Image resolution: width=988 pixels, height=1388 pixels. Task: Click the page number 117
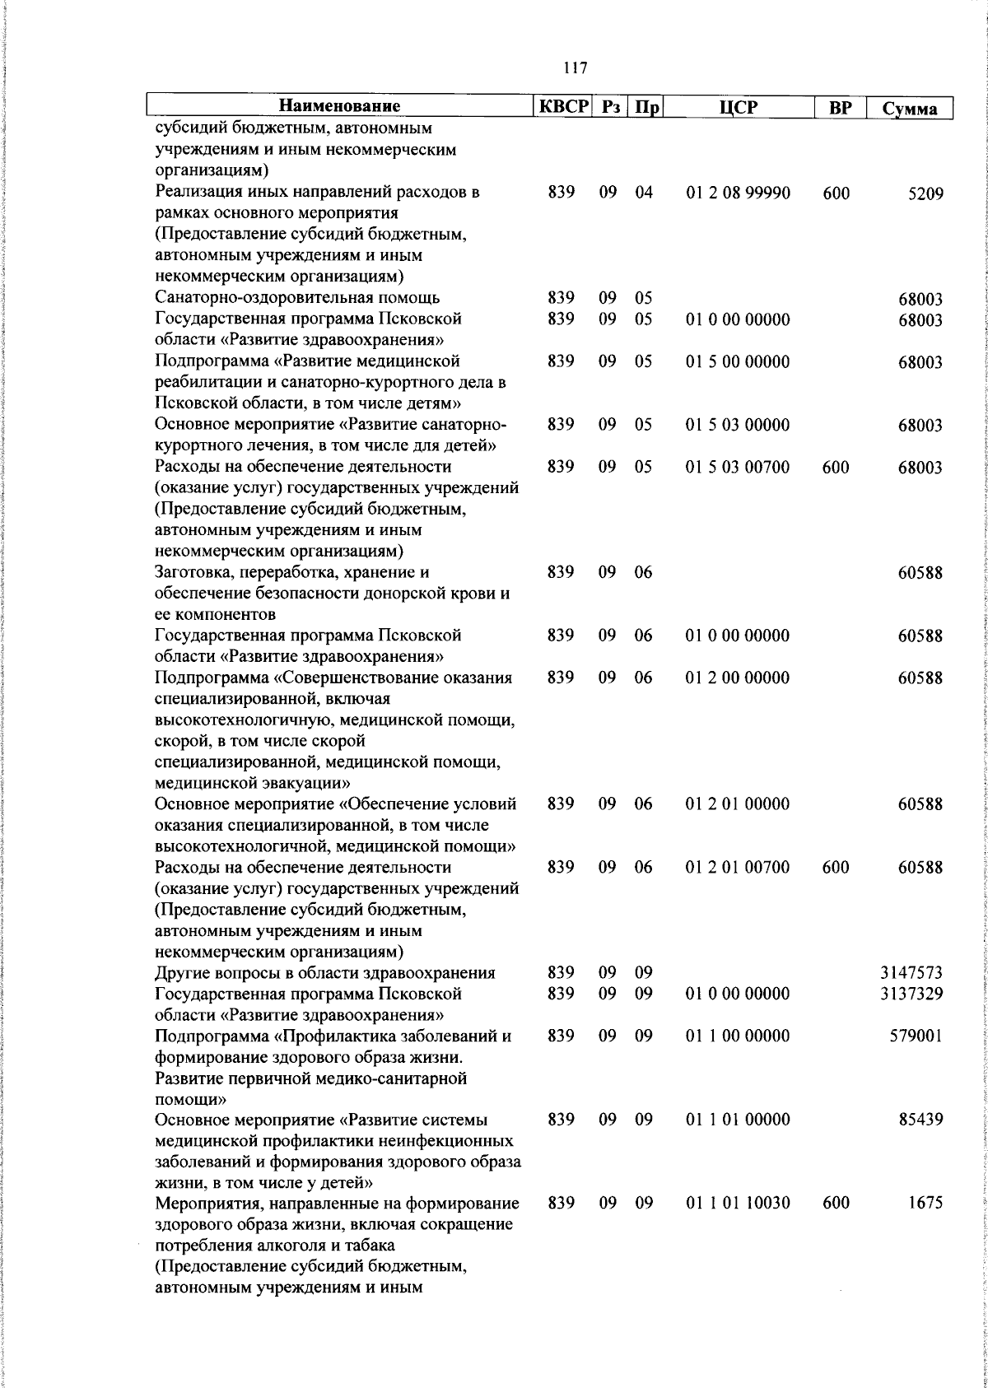pyautogui.click(x=576, y=68)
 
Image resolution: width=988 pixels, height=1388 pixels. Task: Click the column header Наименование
pyautogui.click(x=339, y=107)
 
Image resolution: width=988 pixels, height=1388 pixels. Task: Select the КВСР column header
pyautogui.click(x=564, y=107)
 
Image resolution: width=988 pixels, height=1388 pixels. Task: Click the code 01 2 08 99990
pyautogui.click(x=738, y=193)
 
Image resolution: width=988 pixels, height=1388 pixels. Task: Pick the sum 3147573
pyautogui.click(x=911, y=973)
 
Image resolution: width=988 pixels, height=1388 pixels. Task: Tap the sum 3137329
pyautogui.click(x=911, y=994)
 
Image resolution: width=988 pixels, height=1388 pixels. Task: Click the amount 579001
pyautogui.click(x=916, y=1036)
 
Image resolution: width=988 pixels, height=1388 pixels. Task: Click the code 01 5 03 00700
pyautogui.click(x=738, y=468)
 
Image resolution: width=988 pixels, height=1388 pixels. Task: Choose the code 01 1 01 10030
pyautogui.click(x=738, y=1204)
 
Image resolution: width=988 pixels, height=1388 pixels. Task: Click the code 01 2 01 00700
pyautogui.click(x=738, y=868)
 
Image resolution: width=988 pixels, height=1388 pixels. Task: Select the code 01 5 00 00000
pyautogui.click(x=738, y=362)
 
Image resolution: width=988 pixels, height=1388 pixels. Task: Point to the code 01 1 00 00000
pyautogui.click(x=738, y=1036)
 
